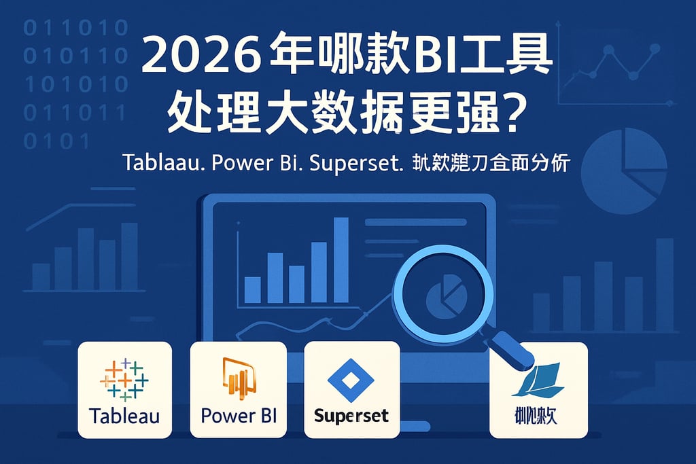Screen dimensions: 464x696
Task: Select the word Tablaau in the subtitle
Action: coord(161,164)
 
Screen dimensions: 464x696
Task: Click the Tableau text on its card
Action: coord(124,415)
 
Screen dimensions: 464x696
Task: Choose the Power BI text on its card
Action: coord(238,415)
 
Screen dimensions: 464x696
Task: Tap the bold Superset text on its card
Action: coord(351,415)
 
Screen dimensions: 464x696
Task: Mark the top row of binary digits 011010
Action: coord(75,29)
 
